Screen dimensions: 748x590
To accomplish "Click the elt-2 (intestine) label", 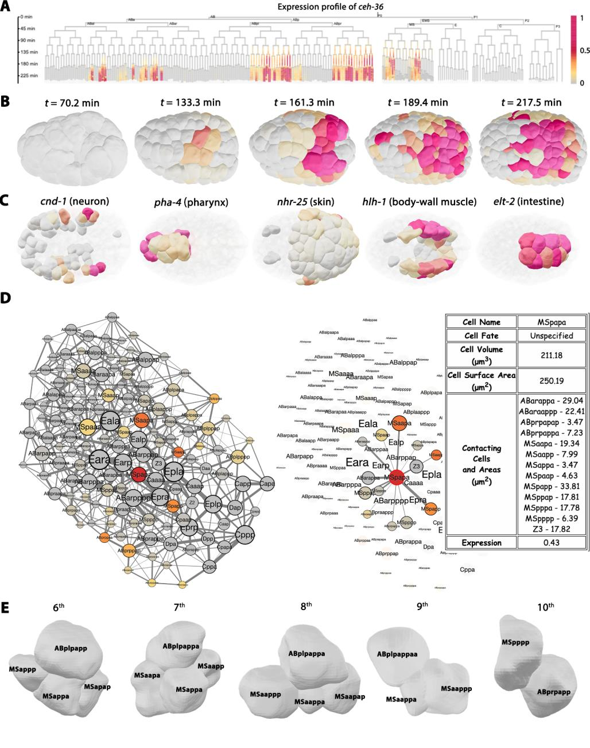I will [x=533, y=202].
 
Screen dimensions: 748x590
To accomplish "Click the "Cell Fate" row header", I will [x=482, y=335].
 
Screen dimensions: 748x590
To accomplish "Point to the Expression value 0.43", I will [x=552, y=542].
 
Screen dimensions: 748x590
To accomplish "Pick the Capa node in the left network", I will [x=266, y=485].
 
